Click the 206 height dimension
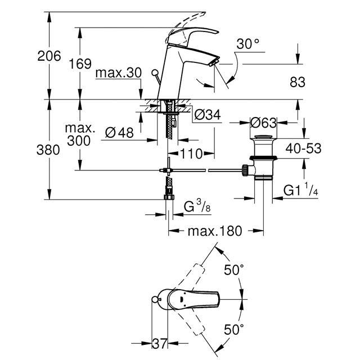[x=49, y=56]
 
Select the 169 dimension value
[x=80, y=64]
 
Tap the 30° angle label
[x=247, y=44]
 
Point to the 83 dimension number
[x=298, y=82]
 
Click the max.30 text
[x=119, y=73]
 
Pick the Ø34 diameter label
[x=208, y=115]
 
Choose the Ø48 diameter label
[x=119, y=133]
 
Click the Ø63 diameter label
[x=263, y=123]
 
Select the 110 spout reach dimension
[x=191, y=154]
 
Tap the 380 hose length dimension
[x=48, y=150]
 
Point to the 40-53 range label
[x=303, y=148]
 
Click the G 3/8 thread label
[x=197, y=206]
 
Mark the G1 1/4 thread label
[x=301, y=189]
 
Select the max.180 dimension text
[x=215, y=231]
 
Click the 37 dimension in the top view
[x=160, y=344]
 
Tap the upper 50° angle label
[x=234, y=270]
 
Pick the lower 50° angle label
[x=234, y=330]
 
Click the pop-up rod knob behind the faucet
[x=155, y=73]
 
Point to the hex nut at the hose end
[x=169, y=197]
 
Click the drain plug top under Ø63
[x=263, y=137]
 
